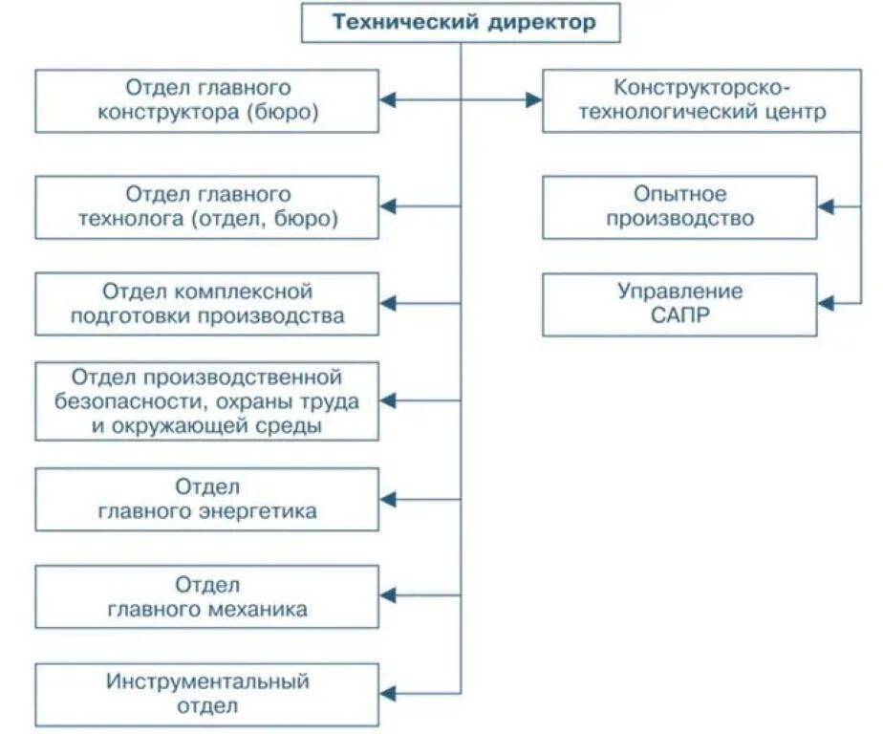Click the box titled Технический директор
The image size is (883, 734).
461,23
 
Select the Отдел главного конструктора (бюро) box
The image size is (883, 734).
206,99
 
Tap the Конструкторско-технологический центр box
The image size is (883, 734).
688,99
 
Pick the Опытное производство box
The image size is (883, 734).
679,206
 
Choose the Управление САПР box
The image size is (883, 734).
679,304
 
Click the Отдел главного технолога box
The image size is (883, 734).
206,206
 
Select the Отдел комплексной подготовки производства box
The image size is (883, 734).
206,304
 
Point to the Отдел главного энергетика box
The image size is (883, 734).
206,499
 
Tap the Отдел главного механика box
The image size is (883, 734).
206,596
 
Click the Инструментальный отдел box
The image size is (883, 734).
206,694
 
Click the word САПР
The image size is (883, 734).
679,315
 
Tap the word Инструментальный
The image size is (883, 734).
208,682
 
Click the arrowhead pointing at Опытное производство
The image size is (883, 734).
826,206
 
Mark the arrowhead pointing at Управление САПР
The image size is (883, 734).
826,304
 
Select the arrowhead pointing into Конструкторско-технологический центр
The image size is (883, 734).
534,99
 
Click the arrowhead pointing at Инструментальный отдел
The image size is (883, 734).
387,694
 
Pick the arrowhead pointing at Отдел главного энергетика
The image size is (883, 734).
387,499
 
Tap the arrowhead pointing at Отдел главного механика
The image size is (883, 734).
387,596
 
